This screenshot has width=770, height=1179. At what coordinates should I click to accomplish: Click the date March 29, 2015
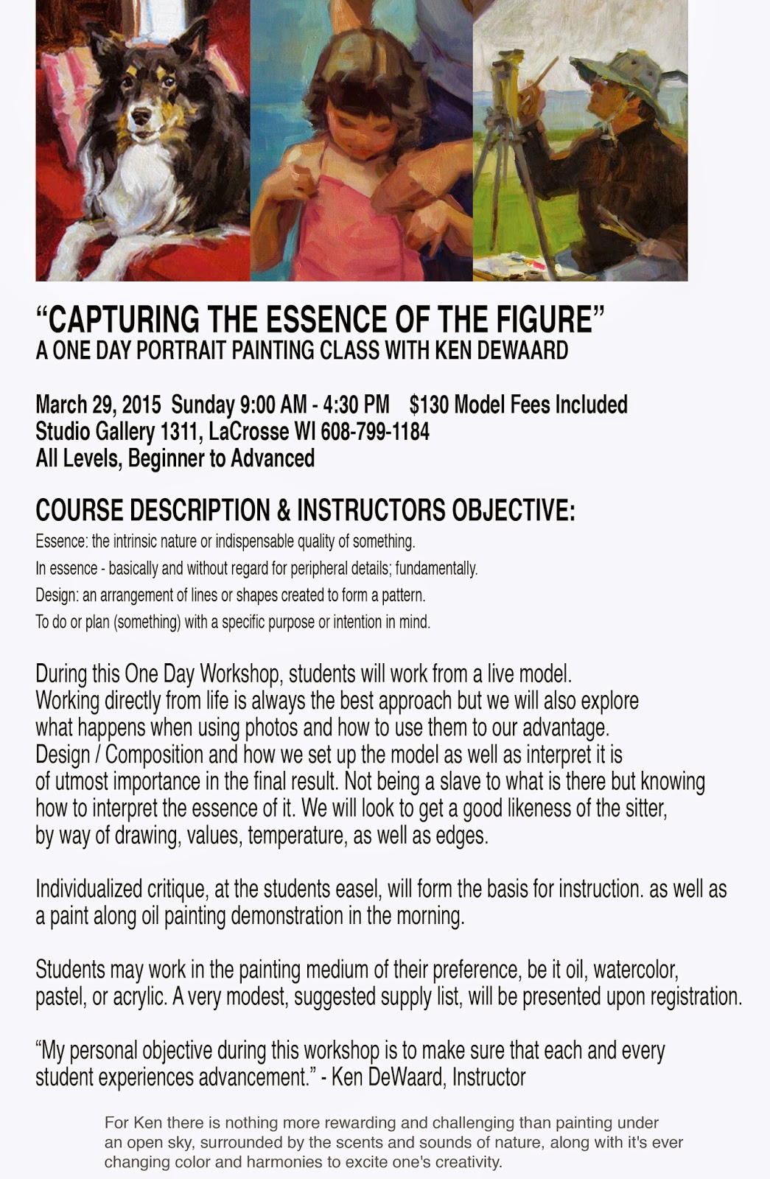pyautogui.click(x=98, y=405)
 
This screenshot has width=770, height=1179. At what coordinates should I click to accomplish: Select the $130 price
pyautogui.click(x=428, y=405)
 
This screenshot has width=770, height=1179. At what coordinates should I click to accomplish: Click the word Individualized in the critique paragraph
pyautogui.click(x=88, y=889)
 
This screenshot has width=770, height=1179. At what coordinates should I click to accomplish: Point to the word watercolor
pyautogui.click(x=633, y=969)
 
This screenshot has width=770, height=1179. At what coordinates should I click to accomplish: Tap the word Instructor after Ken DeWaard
pyautogui.click(x=489, y=1077)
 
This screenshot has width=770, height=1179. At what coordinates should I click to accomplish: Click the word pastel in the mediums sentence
pyautogui.click(x=60, y=997)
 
